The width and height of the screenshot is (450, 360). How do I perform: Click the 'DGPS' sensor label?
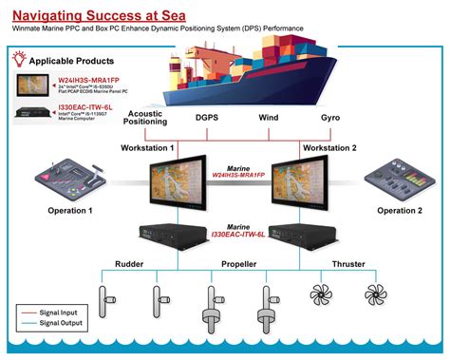pyautogui.click(x=207, y=118)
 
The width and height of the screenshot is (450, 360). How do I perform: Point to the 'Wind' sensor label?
pyautogui.click(x=270, y=118)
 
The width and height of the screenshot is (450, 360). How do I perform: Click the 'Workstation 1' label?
pyautogui.click(x=147, y=148)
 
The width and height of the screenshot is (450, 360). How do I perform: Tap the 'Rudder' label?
pyautogui.click(x=129, y=264)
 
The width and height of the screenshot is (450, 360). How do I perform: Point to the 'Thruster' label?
pyautogui.click(x=347, y=264)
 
